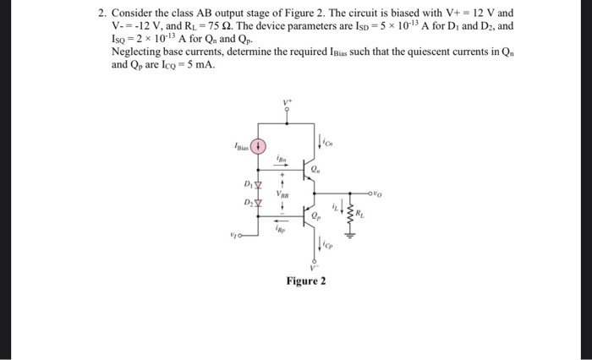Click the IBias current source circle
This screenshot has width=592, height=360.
click(x=263, y=145)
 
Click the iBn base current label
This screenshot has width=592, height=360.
click(x=282, y=157)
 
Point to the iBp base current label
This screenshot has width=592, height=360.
click(x=282, y=227)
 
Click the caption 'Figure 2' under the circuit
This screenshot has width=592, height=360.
click(x=305, y=281)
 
